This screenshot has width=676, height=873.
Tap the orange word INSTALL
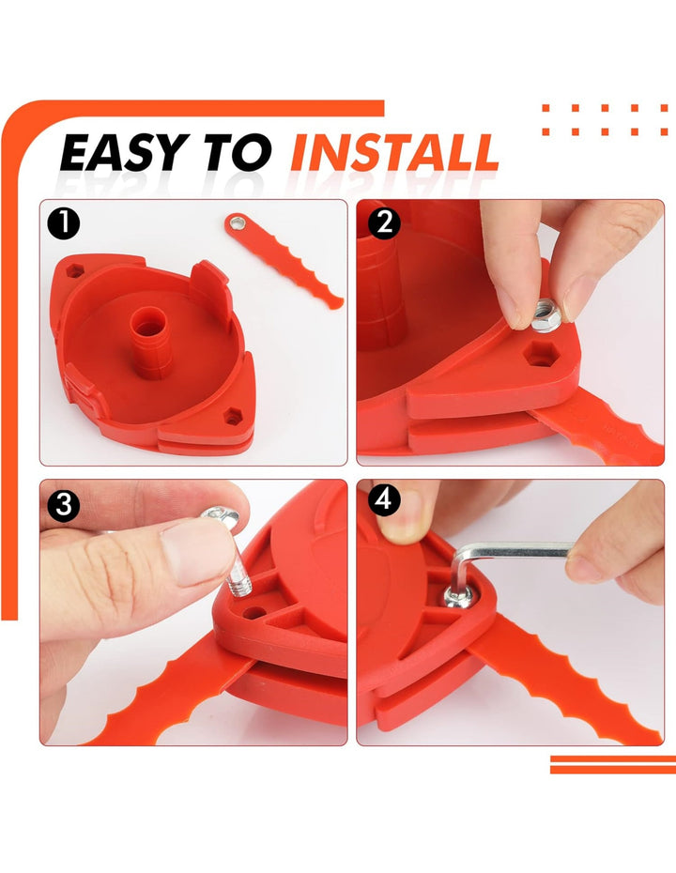pos(394,152)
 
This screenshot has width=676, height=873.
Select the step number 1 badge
pos(64,223)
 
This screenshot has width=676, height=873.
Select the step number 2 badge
pos(384,223)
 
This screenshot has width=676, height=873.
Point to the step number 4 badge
pos(384,499)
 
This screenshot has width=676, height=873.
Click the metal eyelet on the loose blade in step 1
pos(238,223)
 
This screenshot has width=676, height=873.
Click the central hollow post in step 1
pos(151,342)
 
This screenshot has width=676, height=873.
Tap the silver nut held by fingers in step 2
pos(545,314)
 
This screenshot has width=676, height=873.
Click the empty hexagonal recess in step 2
pos(539,354)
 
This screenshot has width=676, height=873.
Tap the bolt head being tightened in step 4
pos(459,597)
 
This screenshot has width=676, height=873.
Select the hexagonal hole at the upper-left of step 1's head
pos(74,271)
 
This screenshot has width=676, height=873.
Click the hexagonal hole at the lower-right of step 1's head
pos(232,416)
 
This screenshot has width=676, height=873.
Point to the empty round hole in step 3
pos(254,612)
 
